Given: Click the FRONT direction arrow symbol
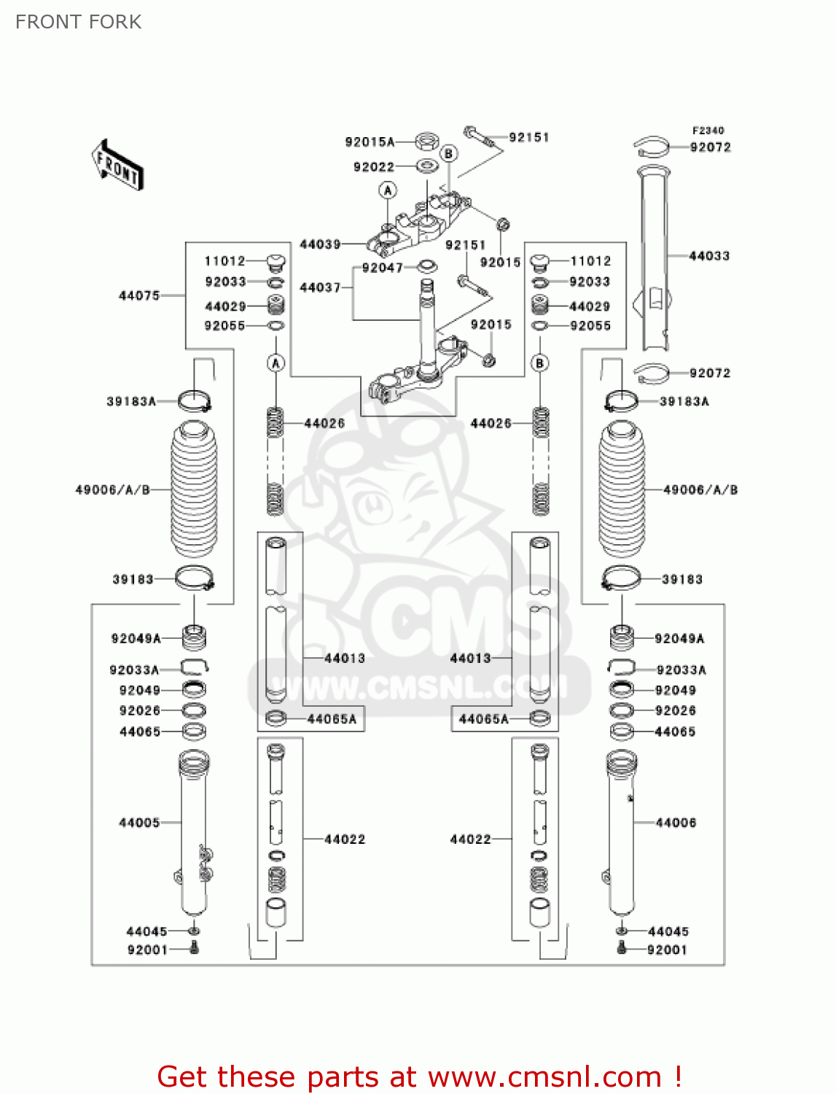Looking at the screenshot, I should [117, 165].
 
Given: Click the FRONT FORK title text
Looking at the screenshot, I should [78, 22].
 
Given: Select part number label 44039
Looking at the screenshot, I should [320, 244].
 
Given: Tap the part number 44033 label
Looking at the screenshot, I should [709, 256].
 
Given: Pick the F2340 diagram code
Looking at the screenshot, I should [708, 131].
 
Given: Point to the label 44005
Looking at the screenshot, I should [139, 823].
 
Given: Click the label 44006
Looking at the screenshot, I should [676, 823].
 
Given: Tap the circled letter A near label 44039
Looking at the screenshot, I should [388, 190].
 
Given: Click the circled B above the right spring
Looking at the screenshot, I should [539, 362].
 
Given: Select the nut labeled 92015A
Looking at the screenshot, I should [427, 141].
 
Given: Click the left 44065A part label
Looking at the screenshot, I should [332, 719].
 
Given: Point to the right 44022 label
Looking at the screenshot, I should [470, 839].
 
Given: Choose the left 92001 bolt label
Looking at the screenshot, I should [147, 950].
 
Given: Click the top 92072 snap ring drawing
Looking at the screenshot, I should [651, 147].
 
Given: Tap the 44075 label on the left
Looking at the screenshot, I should [139, 295].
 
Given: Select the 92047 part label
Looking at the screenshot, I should [382, 268].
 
